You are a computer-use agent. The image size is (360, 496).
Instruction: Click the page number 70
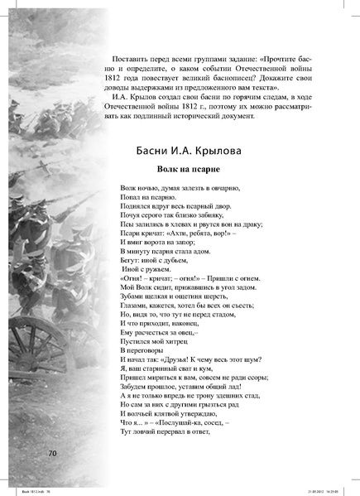click(x=51, y=454)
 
